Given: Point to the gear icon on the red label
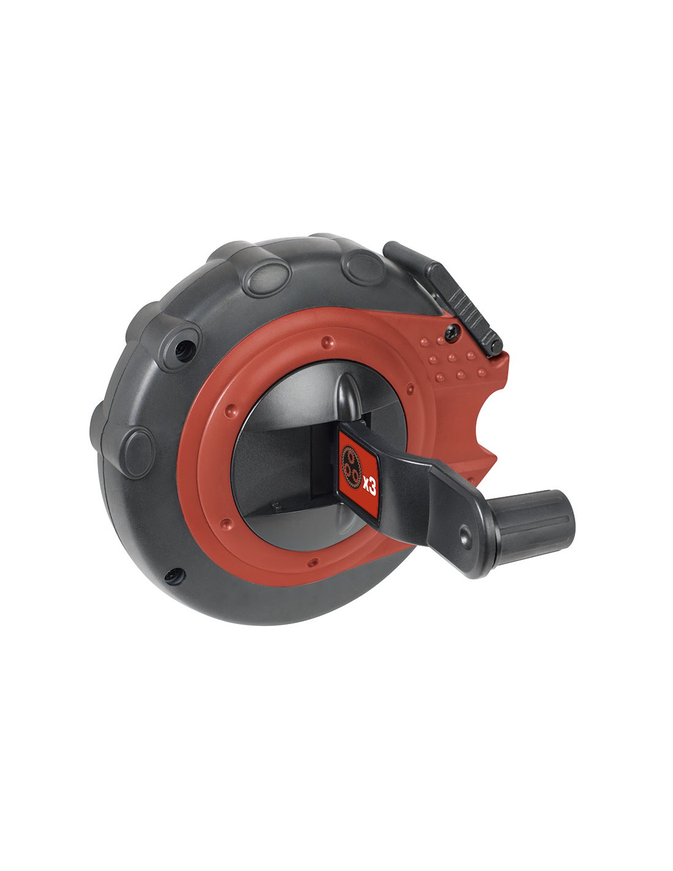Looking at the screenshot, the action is [x=351, y=467].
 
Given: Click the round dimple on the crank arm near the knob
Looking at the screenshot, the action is [x=465, y=534].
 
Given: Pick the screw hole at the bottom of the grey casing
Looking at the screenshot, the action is [x=175, y=576].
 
